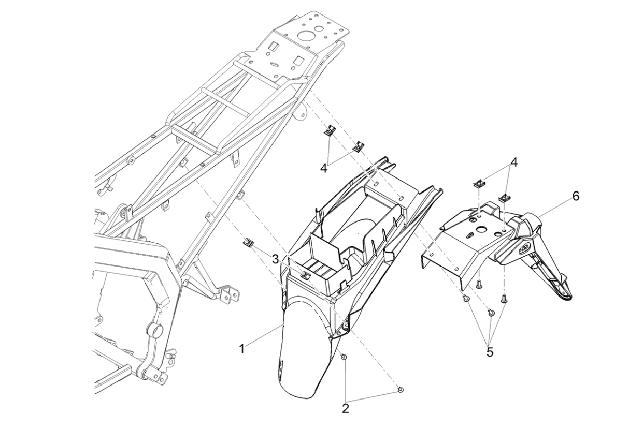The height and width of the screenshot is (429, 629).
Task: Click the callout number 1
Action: click(x=242, y=348)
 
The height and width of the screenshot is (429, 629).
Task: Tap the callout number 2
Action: click(x=346, y=408)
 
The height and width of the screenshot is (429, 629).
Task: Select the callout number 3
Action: click(x=275, y=258)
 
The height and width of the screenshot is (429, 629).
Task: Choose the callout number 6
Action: click(x=576, y=196)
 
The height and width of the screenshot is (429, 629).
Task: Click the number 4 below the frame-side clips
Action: click(x=323, y=168)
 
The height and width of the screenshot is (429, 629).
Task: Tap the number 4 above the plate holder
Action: click(x=513, y=162)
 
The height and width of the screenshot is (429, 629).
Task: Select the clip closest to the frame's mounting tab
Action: click(x=329, y=130)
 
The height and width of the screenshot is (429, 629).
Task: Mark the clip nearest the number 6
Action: click(x=503, y=198)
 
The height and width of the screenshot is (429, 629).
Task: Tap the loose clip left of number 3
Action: click(x=249, y=242)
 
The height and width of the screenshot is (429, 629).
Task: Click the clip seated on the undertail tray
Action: click(x=307, y=275)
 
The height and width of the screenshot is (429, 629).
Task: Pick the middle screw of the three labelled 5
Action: click(x=491, y=313)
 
